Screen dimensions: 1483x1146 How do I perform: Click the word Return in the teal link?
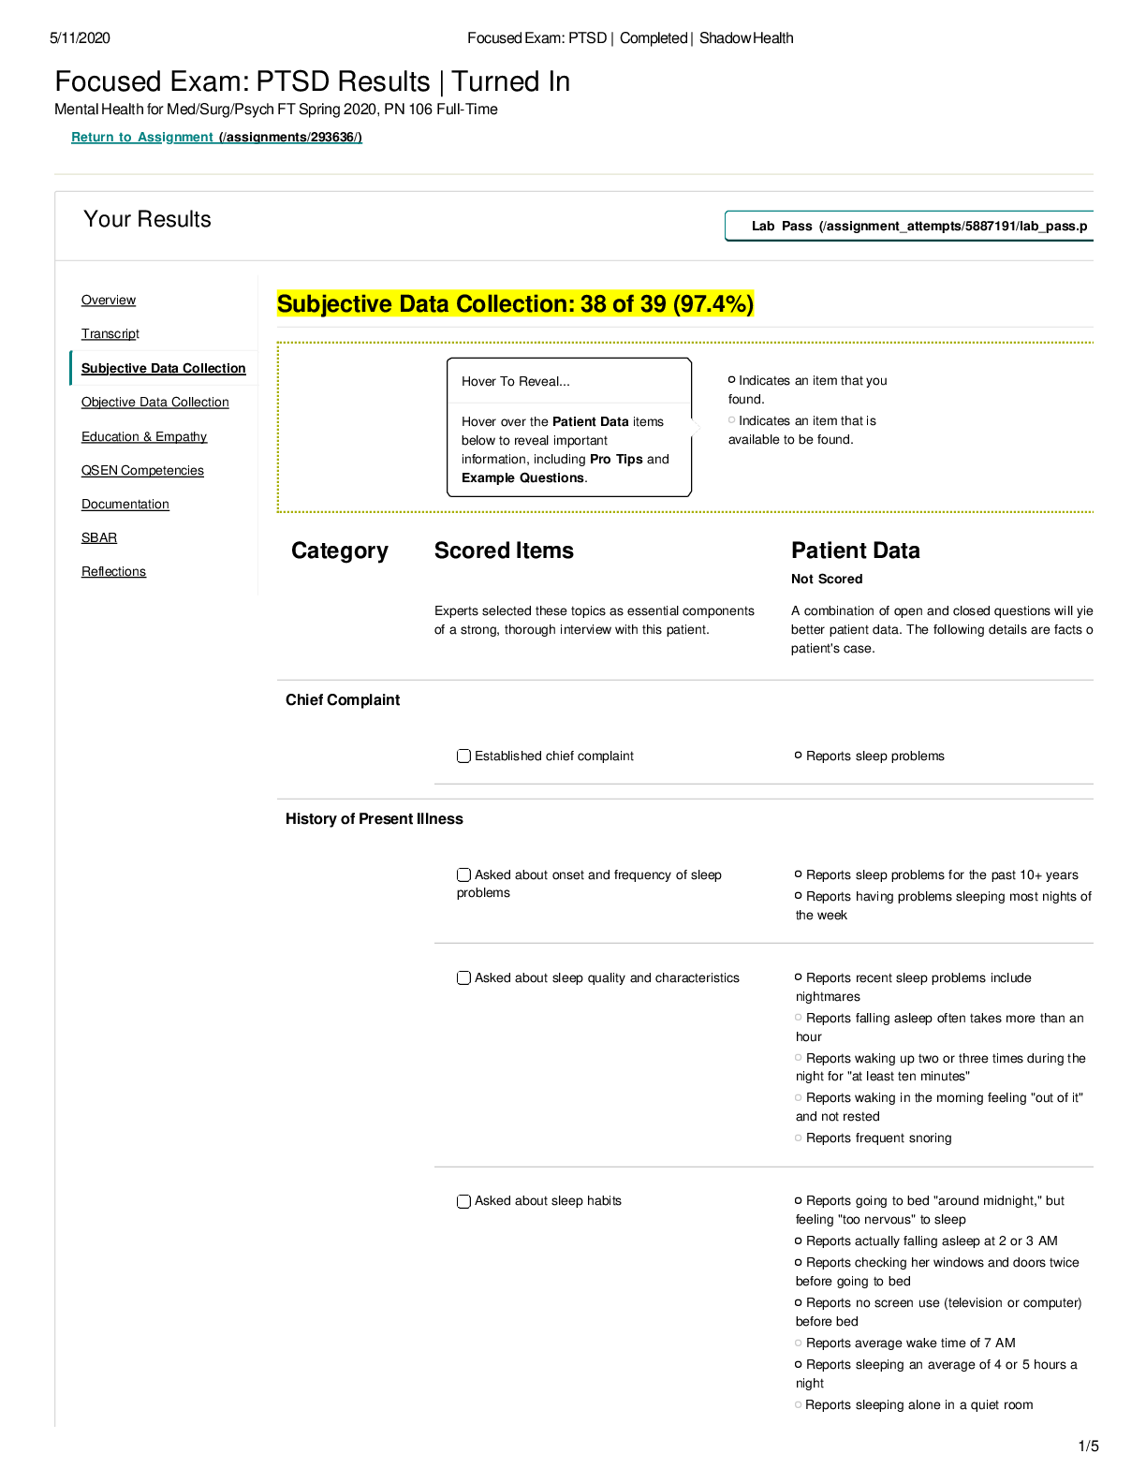pos(92,137)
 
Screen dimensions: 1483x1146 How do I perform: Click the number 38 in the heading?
pos(593,304)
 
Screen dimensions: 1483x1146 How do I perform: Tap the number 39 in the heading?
pos(653,304)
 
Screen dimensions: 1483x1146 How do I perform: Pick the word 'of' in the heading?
pos(623,304)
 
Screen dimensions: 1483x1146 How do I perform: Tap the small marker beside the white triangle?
pos(732,419)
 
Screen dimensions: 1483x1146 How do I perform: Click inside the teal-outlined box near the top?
pos(908,226)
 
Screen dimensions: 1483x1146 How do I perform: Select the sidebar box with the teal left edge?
pos(164,367)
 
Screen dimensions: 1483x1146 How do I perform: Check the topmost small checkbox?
pos(463,756)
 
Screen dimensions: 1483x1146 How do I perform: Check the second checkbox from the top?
pos(463,874)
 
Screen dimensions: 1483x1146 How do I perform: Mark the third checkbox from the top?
pos(463,977)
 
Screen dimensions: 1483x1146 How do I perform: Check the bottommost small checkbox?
pos(463,1201)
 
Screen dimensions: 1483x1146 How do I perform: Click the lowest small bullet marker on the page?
pos(798,1404)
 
